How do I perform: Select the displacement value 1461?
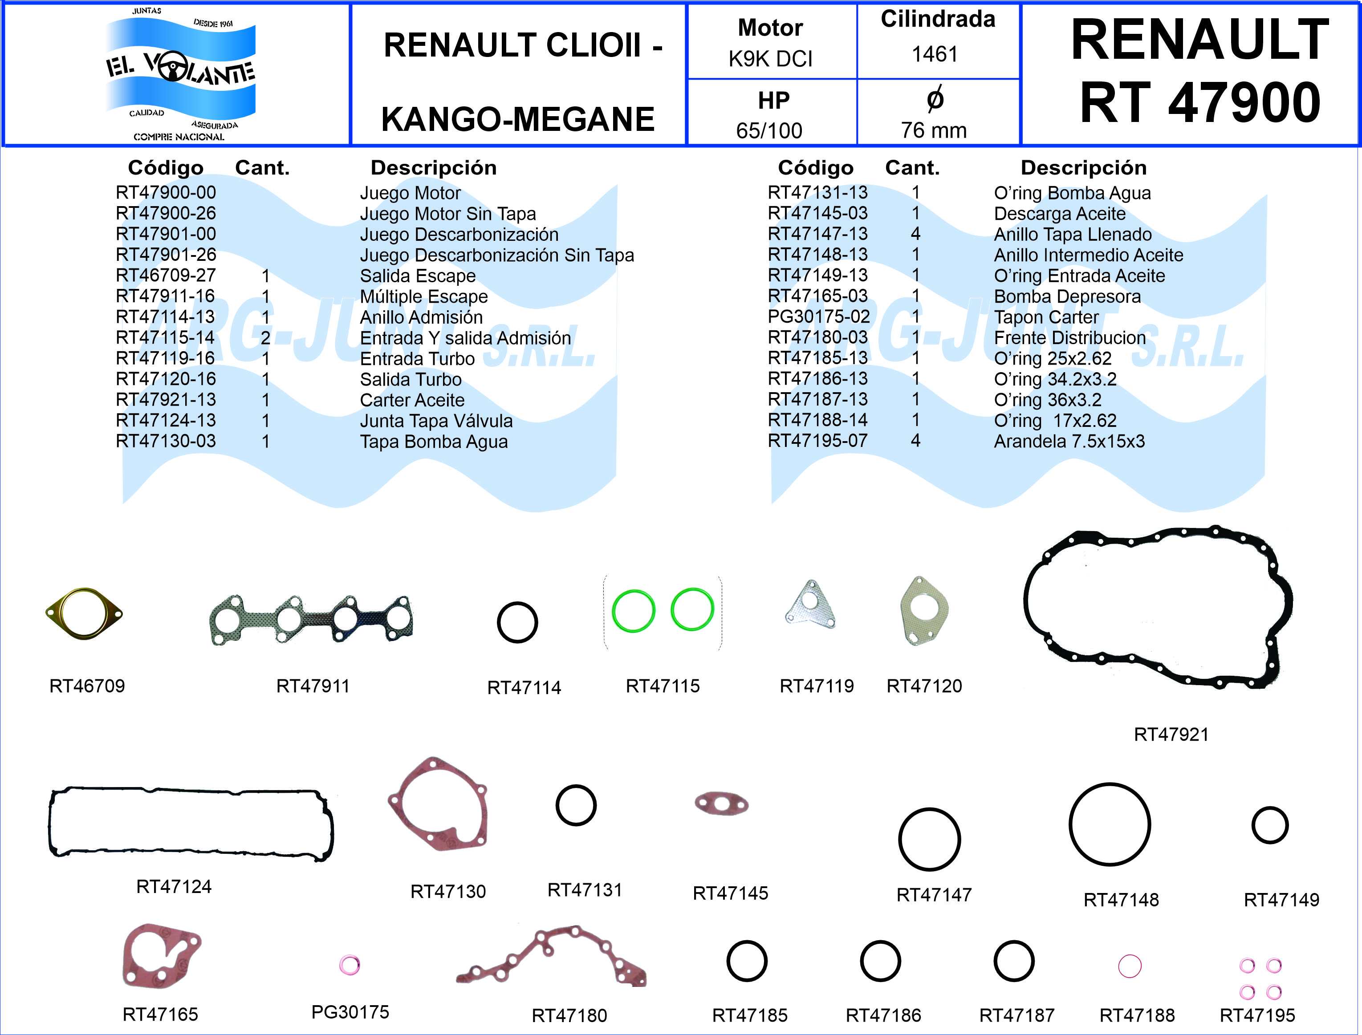coord(935,54)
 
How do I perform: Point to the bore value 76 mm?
coord(933,130)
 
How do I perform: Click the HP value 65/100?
coord(769,130)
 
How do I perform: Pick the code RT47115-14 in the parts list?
coord(165,337)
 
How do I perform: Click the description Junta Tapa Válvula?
coord(436,421)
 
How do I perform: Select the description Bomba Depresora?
coord(1067,296)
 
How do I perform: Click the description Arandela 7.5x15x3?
coord(1069,441)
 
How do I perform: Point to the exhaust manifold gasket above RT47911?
coord(312,620)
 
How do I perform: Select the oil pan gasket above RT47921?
coord(1158,607)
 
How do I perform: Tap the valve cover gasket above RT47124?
coord(191,823)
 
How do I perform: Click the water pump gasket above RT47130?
coord(439,804)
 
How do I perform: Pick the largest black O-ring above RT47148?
coord(1110,824)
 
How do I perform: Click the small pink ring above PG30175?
coord(349,965)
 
